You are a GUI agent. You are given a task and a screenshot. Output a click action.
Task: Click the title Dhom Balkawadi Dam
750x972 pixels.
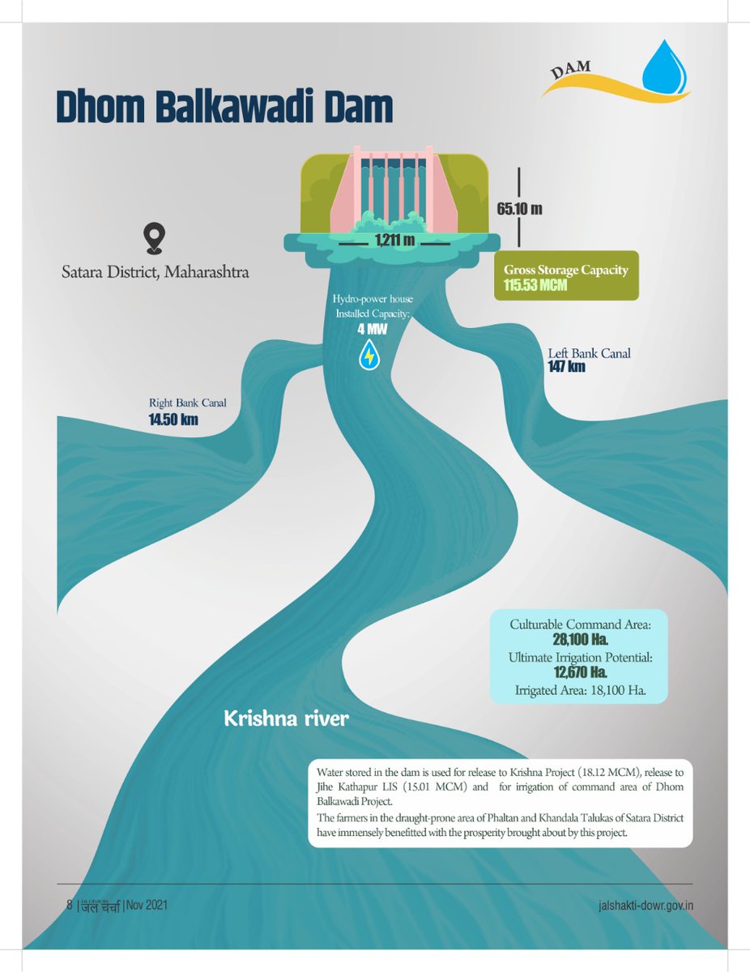click(x=224, y=107)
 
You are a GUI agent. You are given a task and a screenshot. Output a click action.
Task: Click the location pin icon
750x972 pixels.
click(x=154, y=238)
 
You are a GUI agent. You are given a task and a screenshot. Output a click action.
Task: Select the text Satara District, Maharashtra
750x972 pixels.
click(x=156, y=271)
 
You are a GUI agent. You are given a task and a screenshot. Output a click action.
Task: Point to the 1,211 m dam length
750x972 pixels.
click(x=394, y=240)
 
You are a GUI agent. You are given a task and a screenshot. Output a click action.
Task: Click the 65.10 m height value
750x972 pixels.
click(x=519, y=209)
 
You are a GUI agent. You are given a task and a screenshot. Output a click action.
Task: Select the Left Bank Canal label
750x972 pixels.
click(x=590, y=353)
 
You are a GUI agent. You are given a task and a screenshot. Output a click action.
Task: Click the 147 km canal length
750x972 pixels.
click(x=567, y=368)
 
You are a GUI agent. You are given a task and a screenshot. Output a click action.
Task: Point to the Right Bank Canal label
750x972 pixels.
click(x=187, y=403)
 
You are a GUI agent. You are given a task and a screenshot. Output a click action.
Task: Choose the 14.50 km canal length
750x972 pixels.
click(x=173, y=420)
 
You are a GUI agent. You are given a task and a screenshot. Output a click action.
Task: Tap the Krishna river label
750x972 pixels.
click(x=286, y=718)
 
